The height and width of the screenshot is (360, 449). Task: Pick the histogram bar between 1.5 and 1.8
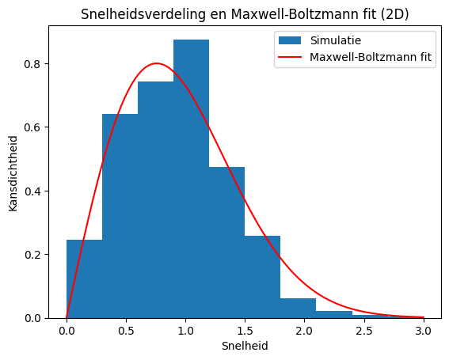click(x=262, y=277)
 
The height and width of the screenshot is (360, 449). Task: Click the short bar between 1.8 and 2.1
click(x=298, y=308)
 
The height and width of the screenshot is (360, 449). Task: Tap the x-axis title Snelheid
click(x=245, y=347)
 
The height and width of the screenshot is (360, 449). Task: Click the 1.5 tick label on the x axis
click(x=245, y=329)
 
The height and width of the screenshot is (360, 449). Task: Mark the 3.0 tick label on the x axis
click(x=423, y=329)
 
